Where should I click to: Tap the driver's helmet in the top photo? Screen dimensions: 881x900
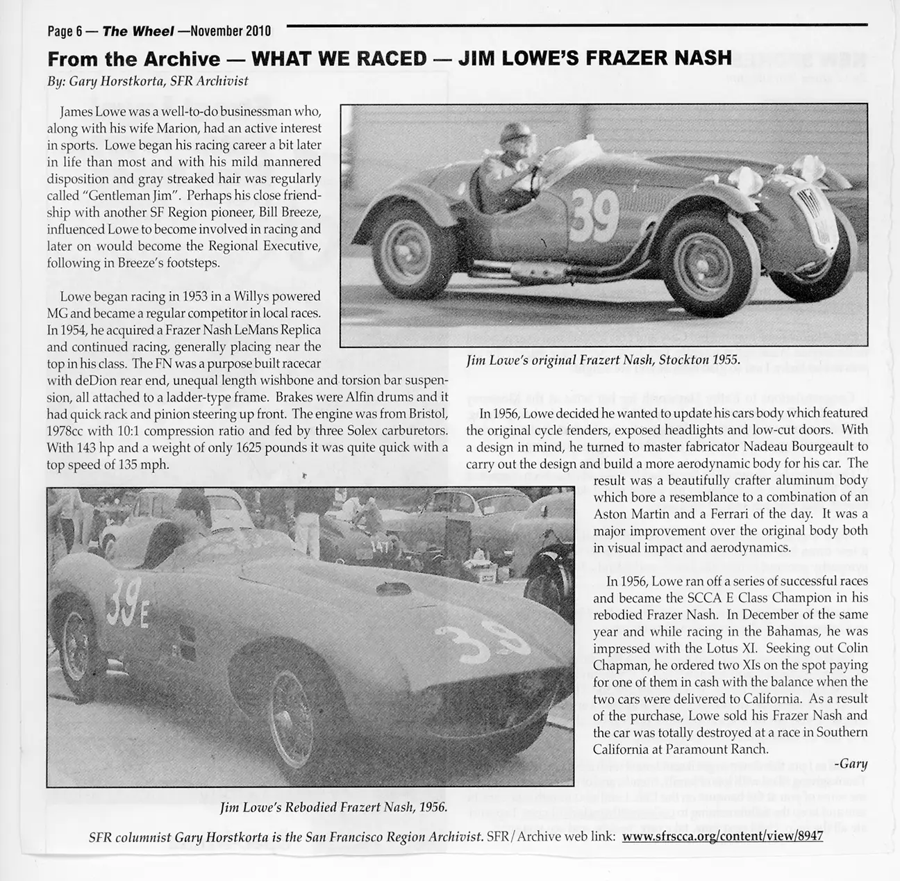point(519,133)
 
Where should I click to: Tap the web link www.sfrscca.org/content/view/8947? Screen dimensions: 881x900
point(722,836)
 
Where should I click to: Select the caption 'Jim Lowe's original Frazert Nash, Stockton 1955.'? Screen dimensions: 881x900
point(603,360)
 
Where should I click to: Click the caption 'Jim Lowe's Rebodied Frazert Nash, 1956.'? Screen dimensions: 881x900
point(333,807)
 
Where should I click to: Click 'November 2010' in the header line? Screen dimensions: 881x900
point(230,31)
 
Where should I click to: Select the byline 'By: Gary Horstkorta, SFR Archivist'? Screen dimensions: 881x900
point(147,81)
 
